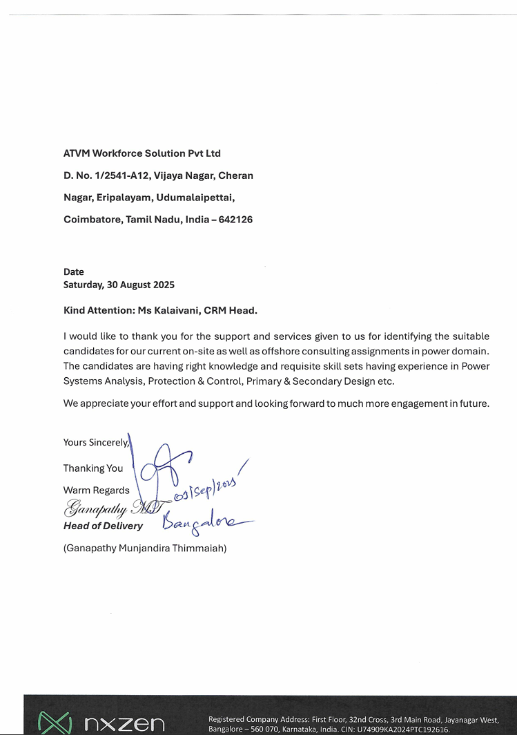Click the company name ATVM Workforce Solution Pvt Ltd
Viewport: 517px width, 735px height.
click(x=142, y=153)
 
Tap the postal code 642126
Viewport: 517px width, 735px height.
click(x=236, y=220)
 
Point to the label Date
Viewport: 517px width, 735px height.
click(x=74, y=272)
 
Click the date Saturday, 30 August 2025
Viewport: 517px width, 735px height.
click(x=119, y=285)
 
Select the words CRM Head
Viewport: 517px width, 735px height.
click(x=231, y=311)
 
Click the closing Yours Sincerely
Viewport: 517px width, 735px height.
click(x=96, y=442)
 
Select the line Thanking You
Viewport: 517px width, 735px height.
click(x=93, y=468)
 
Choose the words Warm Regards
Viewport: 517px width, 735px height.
click(x=97, y=490)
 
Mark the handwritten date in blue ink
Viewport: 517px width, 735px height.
click(x=207, y=488)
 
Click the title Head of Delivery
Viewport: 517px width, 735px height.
click(x=103, y=526)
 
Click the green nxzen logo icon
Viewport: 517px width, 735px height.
click(x=54, y=723)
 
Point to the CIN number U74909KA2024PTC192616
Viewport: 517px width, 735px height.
click(x=403, y=729)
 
